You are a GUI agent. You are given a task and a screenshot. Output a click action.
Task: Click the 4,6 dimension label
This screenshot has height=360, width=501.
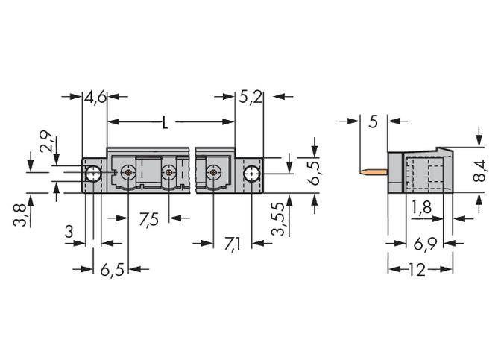click(x=96, y=97)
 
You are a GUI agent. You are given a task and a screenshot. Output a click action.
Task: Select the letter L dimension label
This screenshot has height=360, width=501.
click(x=166, y=122)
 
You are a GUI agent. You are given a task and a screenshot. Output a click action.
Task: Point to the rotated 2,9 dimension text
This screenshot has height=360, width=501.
click(x=46, y=142)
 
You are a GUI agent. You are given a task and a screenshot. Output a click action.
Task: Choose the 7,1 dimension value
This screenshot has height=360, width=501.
click(x=231, y=243)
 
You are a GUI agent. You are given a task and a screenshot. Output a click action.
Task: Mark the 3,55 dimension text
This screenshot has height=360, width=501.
click(x=277, y=218)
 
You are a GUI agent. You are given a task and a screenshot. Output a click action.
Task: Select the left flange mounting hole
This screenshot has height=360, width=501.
click(x=92, y=174)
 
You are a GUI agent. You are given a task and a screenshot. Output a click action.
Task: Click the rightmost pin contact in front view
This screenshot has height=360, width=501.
click(x=214, y=173)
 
